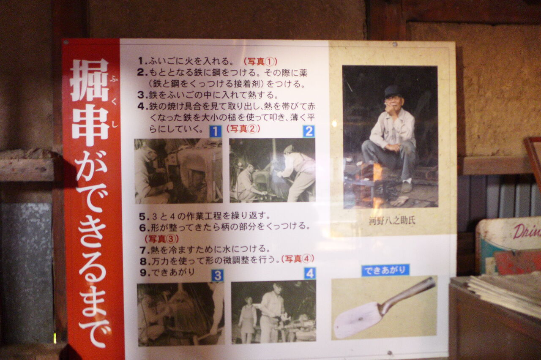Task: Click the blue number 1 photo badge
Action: click(216, 131)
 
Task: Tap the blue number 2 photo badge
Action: click(309, 131)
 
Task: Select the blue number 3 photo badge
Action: click(218, 275)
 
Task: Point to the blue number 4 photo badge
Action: click(310, 273)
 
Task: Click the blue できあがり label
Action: click(385, 270)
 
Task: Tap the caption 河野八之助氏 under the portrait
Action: click(392, 221)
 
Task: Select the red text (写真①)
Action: click(260, 62)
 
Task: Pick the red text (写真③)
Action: click(161, 239)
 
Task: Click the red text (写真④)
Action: click(298, 259)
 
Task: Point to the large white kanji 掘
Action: click(90, 80)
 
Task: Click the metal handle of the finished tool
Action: click(408, 295)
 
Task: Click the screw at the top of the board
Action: click(395, 44)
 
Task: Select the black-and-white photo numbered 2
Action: click(272, 170)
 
